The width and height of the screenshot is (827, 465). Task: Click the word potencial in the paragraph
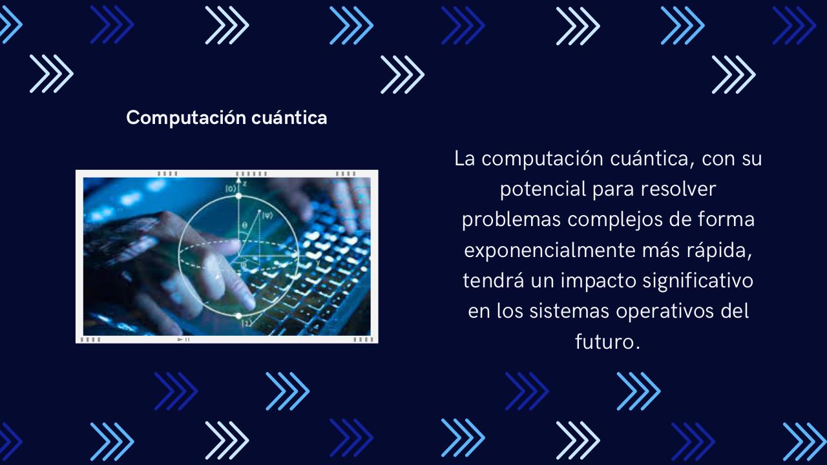[x=540, y=189]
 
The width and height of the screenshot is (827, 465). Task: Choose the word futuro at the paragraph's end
[x=607, y=342]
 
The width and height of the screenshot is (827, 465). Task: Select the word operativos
[x=665, y=311]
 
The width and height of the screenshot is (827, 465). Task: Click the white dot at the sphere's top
[x=238, y=195]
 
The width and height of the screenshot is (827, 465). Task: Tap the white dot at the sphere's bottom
[x=238, y=316]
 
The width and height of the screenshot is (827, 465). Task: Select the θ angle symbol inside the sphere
[x=244, y=225]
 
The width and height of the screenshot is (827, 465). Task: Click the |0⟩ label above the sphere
[x=230, y=188]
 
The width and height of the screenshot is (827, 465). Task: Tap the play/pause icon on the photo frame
[x=183, y=339]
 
